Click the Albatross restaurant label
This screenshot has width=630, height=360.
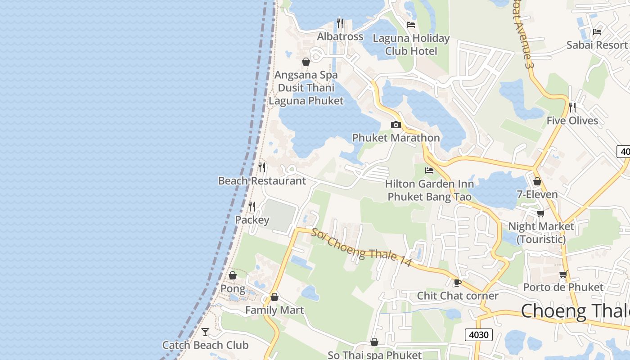pyautogui.click(x=340, y=36)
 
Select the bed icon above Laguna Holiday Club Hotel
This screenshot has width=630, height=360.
pyautogui.click(x=411, y=24)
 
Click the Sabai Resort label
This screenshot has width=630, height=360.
pyautogui.click(x=597, y=45)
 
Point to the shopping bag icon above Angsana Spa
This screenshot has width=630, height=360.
pyautogui.click(x=306, y=62)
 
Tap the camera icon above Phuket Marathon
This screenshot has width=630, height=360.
pyautogui.click(x=396, y=125)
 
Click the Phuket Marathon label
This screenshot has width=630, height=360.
pyautogui.click(x=396, y=138)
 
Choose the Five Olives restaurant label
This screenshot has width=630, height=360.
pyautogui.click(x=572, y=121)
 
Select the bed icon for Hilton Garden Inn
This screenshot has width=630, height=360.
pyautogui.click(x=429, y=171)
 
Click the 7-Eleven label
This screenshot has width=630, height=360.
pyautogui.click(x=537, y=195)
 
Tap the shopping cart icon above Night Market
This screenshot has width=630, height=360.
pyautogui.click(x=540, y=213)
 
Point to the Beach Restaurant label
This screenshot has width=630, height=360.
pyautogui.click(x=262, y=181)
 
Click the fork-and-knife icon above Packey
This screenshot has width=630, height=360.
pyautogui.click(x=252, y=206)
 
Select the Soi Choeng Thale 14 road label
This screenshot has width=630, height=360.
pyautogui.click(x=361, y=248)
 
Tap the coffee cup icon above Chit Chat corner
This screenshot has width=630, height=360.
pyautogui.click(x=458, y=283)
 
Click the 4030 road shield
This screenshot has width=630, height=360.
pyautogui.click(x=478, y=335)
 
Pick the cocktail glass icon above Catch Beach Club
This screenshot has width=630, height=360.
pyautogui.click(x=205, y=332)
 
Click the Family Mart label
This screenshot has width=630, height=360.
pyautogui.click(x=274, y=310)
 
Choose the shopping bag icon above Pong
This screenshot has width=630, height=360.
pyautogui.click(x=233, y=275)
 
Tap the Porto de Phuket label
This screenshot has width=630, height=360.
pyautogui.click(x=563, y=287)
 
